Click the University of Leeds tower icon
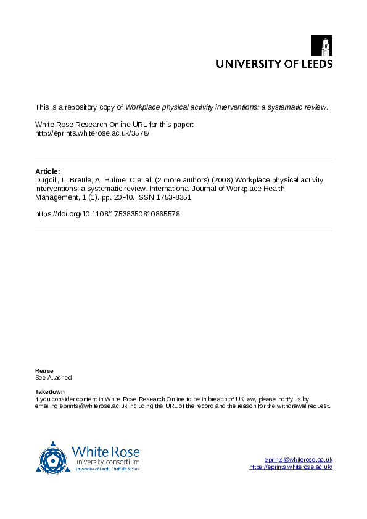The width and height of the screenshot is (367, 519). coord(326,46)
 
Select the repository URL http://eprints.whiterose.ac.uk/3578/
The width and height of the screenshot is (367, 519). coord(92,133)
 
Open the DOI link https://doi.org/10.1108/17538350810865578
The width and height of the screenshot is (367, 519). coord(108,214)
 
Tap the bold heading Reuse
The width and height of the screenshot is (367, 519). coord(44,370)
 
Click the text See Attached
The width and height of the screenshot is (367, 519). coord(53,377)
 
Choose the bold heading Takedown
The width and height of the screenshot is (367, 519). coord(49,392)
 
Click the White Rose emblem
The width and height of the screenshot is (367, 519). coord(53,458)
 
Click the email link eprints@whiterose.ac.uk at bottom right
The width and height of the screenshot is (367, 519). coord(298,460)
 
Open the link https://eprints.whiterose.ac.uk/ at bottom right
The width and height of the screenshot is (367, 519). coord(291,467)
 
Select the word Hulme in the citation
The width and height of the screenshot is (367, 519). coord(110,180)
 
